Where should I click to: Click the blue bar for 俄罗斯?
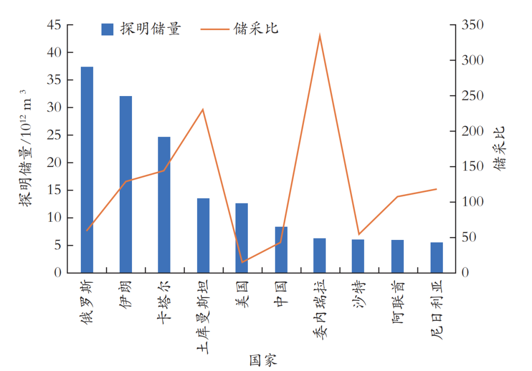(87, 169)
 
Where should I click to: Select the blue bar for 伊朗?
(126, 184)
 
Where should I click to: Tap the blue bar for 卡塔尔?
(164, 204)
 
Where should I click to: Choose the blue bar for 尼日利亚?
(436, 257)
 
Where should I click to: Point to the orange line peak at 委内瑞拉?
(320, 36)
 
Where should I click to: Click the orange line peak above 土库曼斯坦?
(203, 109)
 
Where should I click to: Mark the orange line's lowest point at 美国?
(241, 262)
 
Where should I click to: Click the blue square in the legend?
(107, 29)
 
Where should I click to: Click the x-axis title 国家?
(263, 360)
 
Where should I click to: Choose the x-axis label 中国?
(281, 294)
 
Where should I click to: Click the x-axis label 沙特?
(359, 294)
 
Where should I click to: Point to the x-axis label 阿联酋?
(398, 301)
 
